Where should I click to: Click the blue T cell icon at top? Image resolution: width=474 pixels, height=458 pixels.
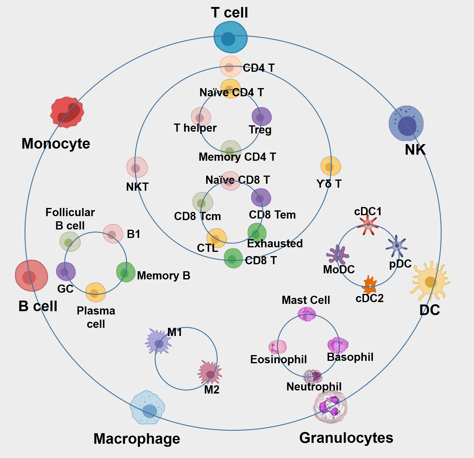tap(230, 38)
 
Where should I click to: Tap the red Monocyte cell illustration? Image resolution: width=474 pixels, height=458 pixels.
tap(67, 112)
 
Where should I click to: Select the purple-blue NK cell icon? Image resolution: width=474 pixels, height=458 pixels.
tap(406, 123)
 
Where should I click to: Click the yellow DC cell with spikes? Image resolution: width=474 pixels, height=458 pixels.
tap(430, 282)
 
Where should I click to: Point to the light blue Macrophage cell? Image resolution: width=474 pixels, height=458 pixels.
tap(147, 408)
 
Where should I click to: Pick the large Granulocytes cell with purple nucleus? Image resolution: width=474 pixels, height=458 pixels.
tap(330, 407)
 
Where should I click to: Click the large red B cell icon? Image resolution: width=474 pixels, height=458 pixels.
tap(31, 276)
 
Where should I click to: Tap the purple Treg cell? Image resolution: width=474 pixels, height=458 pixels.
tap(262, 117)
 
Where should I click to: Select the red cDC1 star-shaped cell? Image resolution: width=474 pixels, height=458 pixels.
tap(368, 224)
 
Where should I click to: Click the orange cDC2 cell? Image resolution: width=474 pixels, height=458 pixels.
tap(369, 285)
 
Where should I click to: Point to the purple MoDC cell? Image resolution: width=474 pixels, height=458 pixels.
tap(338, 255)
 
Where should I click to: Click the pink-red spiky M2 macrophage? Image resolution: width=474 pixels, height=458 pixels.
tap(210, 372)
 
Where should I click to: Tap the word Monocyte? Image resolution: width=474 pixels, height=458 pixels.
tap(56, 143)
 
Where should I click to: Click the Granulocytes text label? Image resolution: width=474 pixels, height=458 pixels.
tap(346, 438)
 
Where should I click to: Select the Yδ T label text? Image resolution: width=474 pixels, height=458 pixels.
tap(329, 184)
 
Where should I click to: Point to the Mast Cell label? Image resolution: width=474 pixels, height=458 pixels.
tap(306, 300)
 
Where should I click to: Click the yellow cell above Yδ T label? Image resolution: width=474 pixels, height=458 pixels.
tap(331, 166)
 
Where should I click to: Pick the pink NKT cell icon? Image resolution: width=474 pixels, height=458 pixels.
tap(137, 167)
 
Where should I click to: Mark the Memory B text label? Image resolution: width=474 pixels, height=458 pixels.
tap(163, 275)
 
